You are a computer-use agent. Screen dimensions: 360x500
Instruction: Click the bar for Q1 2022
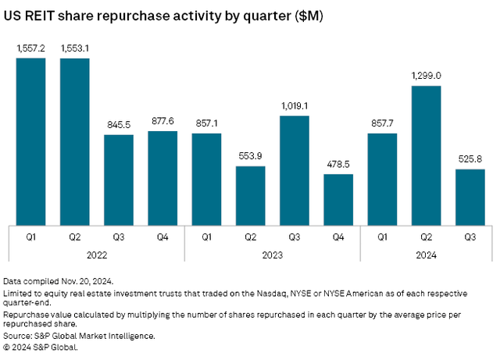point(30,141)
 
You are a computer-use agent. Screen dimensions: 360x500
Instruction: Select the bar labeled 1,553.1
point(75,141)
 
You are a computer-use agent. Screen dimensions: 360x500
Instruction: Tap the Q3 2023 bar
point(295,170)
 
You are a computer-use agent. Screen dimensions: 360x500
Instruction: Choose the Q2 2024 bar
point(426,155)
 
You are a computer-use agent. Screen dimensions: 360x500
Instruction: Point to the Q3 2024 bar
point(470,196)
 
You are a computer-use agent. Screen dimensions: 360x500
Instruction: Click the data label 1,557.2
point(30,48)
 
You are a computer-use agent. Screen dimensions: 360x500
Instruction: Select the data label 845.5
point(119,124)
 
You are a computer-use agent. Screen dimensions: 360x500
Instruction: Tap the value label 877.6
point(162,121)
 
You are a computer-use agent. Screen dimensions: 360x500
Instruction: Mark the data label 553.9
point(251,155)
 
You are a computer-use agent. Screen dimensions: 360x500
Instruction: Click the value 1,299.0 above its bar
point(426,76)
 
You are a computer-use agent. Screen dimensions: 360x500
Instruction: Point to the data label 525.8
point(470,159)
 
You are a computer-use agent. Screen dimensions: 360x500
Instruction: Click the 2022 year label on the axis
point(97,254)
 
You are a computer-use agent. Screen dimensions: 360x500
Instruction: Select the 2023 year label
point(273,254)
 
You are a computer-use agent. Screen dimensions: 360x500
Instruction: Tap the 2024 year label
point(426,254)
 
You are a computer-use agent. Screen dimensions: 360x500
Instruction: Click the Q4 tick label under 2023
point(338,233)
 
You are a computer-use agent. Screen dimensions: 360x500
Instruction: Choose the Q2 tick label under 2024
point(426,233)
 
